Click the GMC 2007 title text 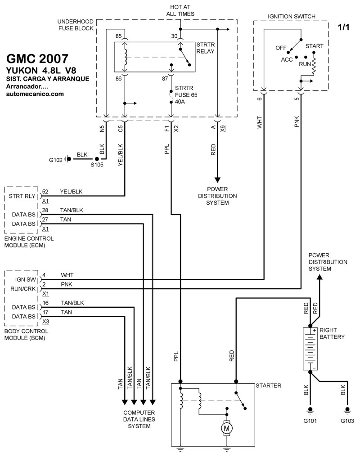[38, 59]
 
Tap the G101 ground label [310, 421]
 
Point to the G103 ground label [347, 421]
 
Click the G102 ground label [57, 159]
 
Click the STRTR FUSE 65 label [186, 91]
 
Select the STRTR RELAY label [205, 47]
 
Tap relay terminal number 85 [118, 36]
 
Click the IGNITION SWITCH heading [292, 17]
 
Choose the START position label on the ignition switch [314, 46]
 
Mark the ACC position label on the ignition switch [287, 59]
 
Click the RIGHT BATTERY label [332, 333]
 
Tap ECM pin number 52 [45, 191]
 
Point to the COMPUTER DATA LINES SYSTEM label [139, 419]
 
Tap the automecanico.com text [35, 94]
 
